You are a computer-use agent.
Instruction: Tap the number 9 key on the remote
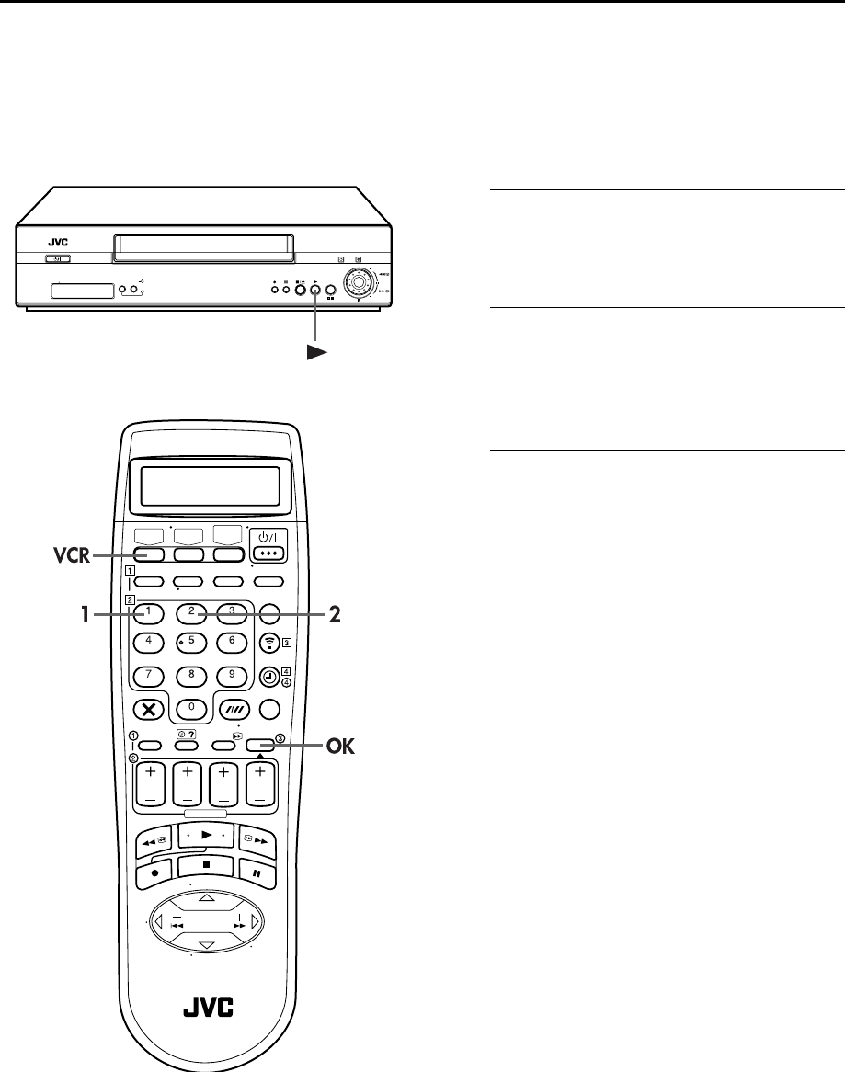click(x=232, y=673)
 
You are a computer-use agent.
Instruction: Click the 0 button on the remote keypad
click(x=192, y=709)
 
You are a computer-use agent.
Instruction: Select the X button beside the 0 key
click(x=147, y=709)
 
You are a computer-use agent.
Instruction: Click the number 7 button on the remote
click(x=148, y=673)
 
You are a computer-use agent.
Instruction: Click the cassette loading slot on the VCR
click(x=202, y=245)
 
